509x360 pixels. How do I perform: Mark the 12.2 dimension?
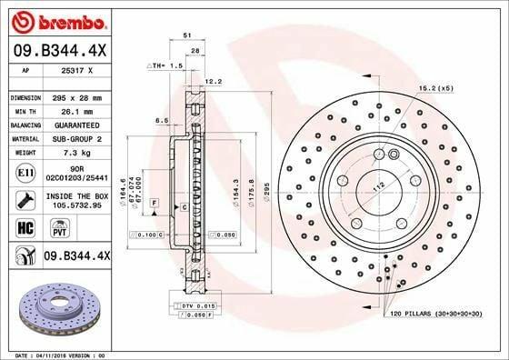(215, 81)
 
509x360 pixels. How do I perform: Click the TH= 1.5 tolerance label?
(166, 66)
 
